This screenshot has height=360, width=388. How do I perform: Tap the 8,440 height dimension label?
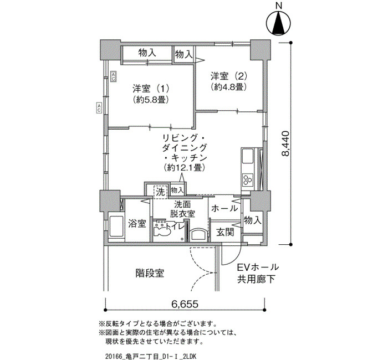coord(285,143)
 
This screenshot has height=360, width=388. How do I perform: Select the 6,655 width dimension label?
coord(185,304)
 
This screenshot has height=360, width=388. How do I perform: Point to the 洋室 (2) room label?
coord(228,76)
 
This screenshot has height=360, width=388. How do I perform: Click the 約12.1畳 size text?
coord(184,168)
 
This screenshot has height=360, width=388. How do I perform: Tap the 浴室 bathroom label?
coord(137,224)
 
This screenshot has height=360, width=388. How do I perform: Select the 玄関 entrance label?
coord(225,232)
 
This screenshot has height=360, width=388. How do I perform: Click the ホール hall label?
coord(224,208)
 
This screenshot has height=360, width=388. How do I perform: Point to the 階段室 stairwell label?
coord(150,273)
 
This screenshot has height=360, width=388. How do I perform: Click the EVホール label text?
coord(258,268)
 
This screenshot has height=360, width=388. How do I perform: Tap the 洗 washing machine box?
coord(161,192)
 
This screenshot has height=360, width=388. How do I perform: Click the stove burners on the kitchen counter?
coord(248,180)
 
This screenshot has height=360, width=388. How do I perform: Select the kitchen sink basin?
coord(247,156)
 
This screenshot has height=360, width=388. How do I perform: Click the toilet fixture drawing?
coord(161,230)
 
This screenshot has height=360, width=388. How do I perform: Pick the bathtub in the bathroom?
coord(116,227)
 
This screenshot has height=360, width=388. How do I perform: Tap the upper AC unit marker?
coord(113,76)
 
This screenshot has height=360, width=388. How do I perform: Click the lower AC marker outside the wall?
coord(99,108)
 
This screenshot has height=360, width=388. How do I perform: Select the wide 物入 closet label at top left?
coord(147,53)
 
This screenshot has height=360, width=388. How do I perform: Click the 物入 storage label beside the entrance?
coord(252,220)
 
